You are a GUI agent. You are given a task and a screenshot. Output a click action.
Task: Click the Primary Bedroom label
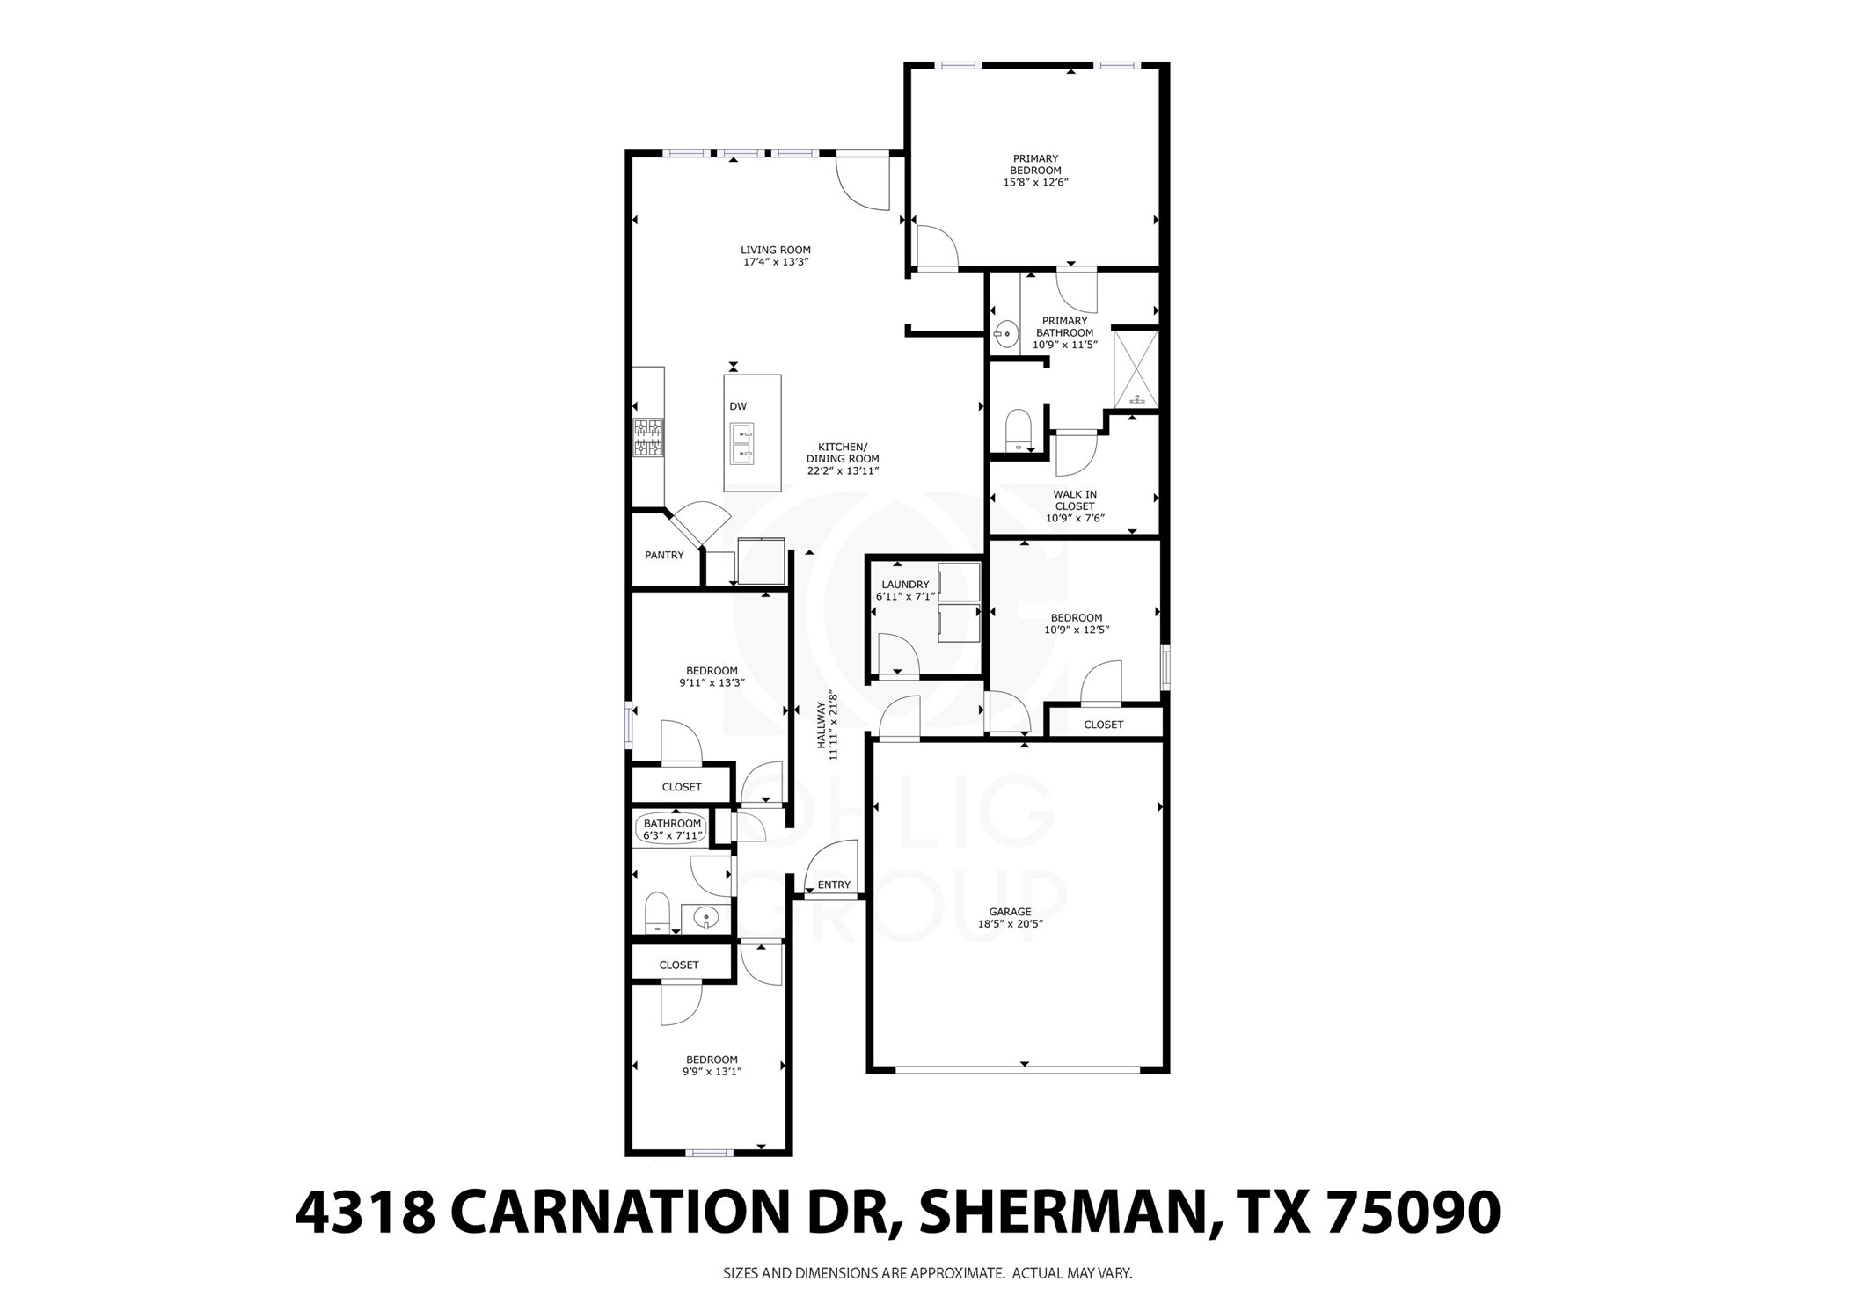coord(1035,164)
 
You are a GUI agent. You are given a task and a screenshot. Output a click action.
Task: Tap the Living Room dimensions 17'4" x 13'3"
coord(775,262)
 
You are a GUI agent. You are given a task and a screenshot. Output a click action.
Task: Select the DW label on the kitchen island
coord(738,406)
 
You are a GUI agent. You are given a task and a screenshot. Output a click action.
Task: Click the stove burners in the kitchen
coord(648,437)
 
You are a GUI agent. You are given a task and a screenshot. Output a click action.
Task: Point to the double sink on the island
coord(742,444)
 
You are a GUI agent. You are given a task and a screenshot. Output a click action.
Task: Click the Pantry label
coord(664,555)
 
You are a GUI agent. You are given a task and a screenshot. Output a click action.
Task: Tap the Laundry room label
coord(905,585)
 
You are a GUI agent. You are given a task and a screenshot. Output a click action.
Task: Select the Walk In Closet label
coord(1075,500)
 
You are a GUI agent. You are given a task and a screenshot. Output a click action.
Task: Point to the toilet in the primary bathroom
coord(1018,428)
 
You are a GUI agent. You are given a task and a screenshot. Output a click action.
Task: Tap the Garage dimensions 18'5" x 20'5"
coord(1010,924)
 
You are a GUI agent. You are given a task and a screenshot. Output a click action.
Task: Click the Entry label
coord(834,885)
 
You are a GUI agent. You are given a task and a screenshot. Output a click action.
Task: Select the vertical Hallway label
coord(827,725)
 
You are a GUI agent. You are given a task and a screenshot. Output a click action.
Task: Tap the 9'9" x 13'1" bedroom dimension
coord(712,1072)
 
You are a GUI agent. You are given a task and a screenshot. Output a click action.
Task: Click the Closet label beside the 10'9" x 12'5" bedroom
coord(1103,725)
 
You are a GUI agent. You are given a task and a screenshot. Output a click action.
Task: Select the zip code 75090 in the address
coord(1413,1213)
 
